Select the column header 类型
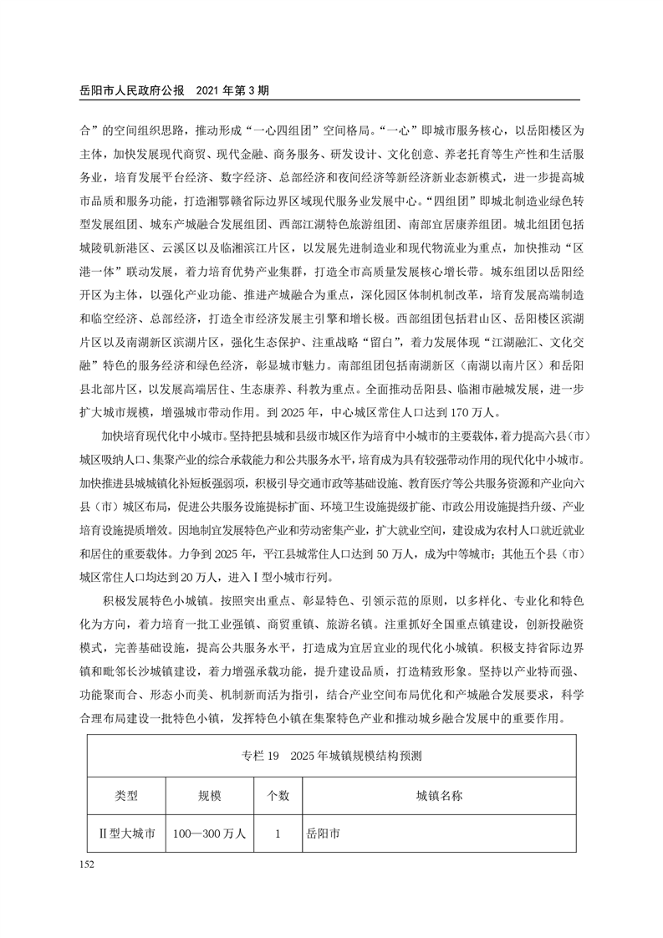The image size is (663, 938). coord(126,795)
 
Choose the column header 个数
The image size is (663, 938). coord(277,795)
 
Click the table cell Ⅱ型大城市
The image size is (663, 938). coord(127,834)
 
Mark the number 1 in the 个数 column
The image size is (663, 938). coord(277,834)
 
